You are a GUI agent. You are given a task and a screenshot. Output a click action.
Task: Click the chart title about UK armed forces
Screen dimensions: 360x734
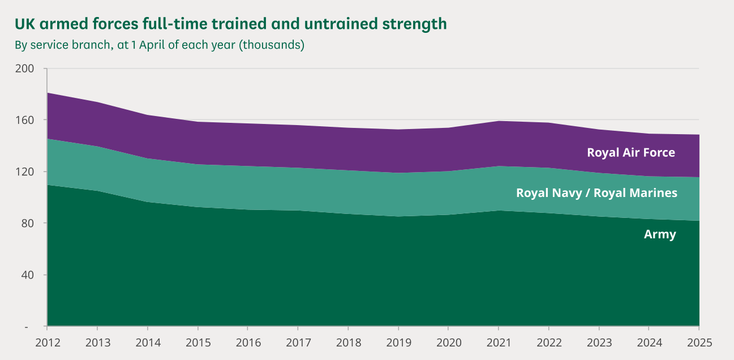click(230, 24)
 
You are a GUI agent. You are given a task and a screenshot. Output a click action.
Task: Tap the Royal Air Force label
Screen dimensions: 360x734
click(631, 152)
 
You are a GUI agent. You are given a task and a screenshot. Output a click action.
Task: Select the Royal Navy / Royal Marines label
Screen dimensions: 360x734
click(596, 193)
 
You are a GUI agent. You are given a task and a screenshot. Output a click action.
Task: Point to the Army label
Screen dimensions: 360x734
click(660, 234)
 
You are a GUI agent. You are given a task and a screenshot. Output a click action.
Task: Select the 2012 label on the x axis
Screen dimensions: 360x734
click(48, 342)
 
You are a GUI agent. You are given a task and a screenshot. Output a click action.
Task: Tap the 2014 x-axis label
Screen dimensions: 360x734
click(148, 342)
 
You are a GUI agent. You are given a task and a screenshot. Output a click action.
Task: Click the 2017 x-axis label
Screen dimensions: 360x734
click(298, 342)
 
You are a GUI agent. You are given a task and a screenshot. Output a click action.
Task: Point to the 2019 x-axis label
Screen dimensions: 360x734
click(398, 342)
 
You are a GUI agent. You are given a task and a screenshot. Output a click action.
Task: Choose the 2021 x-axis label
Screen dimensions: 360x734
click(499, 342)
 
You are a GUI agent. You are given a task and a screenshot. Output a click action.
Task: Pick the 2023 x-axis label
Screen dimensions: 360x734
click(599, 342)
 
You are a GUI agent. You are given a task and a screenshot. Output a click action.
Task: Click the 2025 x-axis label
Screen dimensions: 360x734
click(698, 342)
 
